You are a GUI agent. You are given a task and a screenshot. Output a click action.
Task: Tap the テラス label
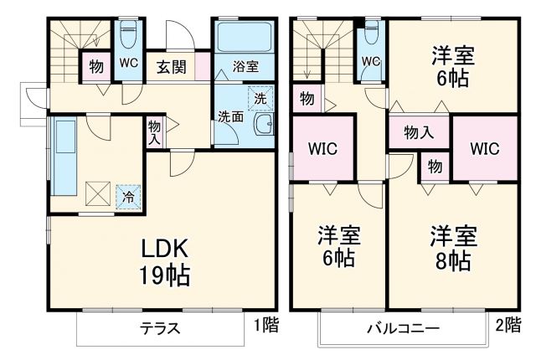tap(160, 327)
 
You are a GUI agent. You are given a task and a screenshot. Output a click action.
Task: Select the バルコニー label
tap(402, 327)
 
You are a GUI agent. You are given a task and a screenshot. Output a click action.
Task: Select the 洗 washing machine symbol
tap(260, 98)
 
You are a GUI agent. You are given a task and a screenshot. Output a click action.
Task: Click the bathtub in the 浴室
tap(245, 37)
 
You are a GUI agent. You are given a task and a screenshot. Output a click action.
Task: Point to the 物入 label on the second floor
tap(418, 131)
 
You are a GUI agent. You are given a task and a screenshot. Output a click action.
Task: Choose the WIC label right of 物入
tap(484, 149)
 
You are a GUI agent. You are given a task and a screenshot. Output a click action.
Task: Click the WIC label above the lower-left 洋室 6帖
tap(322, 149)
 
